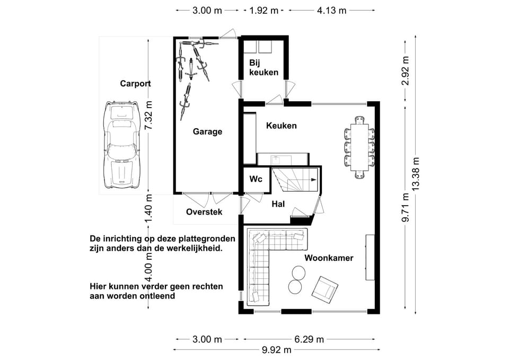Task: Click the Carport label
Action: pos(135,84)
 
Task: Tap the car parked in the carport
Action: pos(121,145)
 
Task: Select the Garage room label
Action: pos(207,132)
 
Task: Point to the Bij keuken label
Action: pos(264,67)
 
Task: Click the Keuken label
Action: pos(281,126)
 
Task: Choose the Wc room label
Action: pos(256,179)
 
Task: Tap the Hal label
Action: pos(278,204)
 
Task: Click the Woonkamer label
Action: pos(329,258)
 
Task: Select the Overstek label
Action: pos(204,212)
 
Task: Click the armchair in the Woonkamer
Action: pos(324,289)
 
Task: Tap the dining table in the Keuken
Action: pos(359,147)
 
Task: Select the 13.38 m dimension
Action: pos(416,174)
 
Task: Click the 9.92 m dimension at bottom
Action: pos(277,350)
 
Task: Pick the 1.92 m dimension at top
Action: pos(264,11)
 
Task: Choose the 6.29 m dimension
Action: pos(309,339)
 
